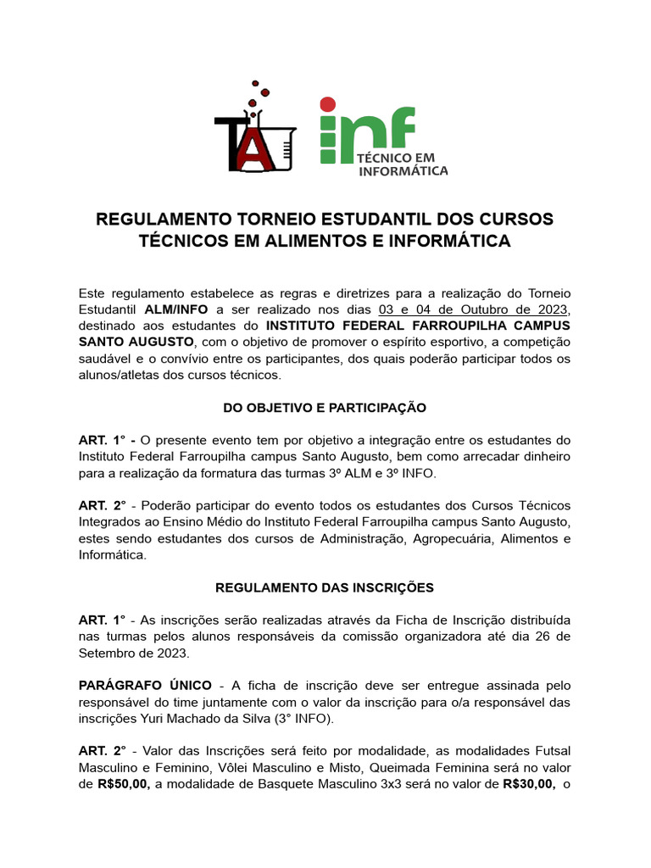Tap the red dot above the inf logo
(326, 105)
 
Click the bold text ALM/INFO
(180, 309)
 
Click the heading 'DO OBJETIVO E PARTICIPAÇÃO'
(325, 408)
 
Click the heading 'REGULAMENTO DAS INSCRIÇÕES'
(325, 587)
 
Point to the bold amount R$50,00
(124, 784)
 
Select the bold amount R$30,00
(528, 784)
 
